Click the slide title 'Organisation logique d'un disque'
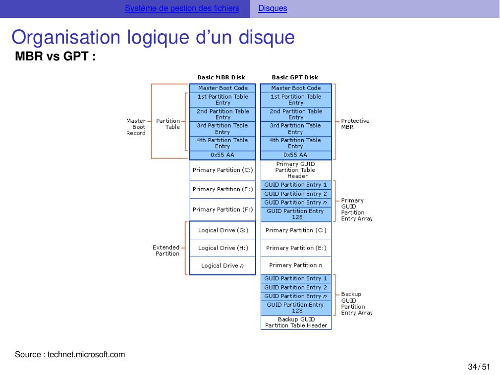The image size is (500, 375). click(153, 38)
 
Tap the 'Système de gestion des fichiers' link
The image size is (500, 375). click(182, 8)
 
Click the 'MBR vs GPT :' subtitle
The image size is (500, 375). click(55, 56)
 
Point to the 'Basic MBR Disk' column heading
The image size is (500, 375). click(221, 77)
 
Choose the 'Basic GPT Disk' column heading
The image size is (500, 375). click(295, 77)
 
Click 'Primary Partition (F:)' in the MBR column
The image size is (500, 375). click(222, 210)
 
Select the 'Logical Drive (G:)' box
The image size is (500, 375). click(223, 230)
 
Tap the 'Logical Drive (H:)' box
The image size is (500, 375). click(223, 248)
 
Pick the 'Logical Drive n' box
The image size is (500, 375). click(222, 266)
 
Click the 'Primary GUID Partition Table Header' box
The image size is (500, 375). click(296, 170)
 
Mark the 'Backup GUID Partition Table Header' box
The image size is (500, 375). click(296, 322)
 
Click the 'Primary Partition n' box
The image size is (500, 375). click(296, 265)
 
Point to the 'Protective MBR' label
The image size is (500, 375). click(355, 124)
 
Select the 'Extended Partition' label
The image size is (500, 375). click(167, 251)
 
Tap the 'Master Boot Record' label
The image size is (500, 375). click(136, 127)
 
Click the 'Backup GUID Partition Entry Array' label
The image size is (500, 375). click(356, 304)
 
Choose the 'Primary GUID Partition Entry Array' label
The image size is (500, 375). click(356, 210)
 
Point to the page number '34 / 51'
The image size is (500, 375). click(479, 367)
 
